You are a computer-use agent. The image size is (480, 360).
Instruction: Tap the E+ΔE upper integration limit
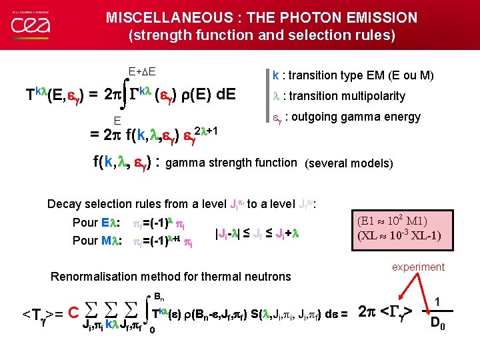click(x=142, y=69)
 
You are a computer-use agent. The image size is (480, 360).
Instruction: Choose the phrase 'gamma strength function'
click(x=231, y=162)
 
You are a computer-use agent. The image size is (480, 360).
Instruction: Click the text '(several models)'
click(x=349, y=163)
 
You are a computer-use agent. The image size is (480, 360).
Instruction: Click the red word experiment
click(x=418, y=267)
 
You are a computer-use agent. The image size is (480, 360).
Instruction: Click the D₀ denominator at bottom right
click(x=438, y=325)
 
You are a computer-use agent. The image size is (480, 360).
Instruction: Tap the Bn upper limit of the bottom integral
click(x=159, y=296)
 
